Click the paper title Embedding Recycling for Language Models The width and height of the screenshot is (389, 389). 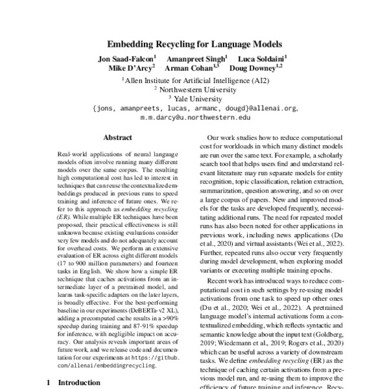(194, 45)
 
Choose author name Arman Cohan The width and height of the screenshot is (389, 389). (191, 67)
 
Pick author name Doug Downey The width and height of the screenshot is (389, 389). (257, 67)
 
